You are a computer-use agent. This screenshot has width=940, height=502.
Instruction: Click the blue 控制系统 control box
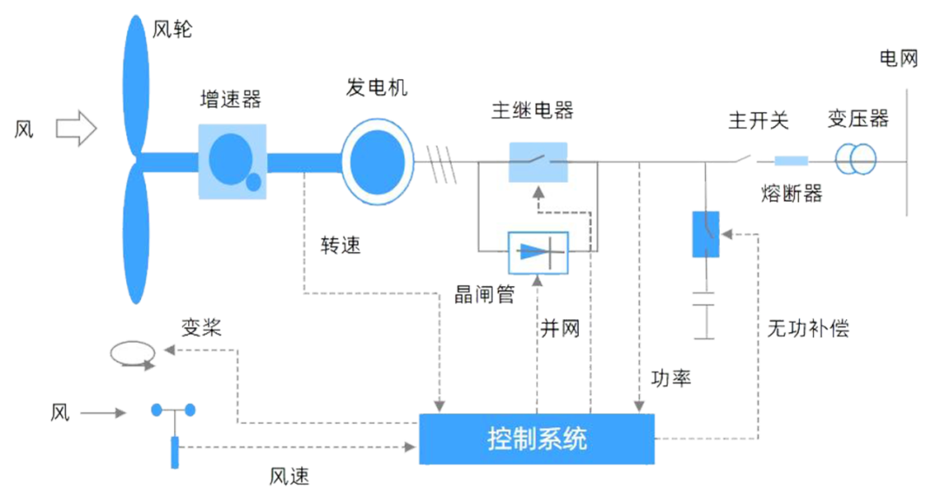(537, 438)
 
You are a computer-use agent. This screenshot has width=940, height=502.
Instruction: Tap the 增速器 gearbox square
(232, 158)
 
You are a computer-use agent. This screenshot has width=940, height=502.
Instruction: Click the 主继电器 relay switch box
(538, 161)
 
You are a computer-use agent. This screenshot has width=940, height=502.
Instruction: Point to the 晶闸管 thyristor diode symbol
(538, 253)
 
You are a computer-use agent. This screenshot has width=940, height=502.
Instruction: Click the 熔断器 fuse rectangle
(791, 161)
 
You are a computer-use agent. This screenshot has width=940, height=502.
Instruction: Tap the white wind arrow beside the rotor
(77, 129)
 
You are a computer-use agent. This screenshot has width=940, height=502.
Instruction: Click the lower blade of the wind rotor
(135, 235)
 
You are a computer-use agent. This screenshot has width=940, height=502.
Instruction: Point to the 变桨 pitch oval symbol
(132, 351)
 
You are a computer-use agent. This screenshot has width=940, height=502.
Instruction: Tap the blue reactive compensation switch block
(705, 233)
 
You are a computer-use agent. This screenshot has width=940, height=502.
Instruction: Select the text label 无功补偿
(807, 328)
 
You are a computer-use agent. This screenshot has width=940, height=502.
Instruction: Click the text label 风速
(289, 476)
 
